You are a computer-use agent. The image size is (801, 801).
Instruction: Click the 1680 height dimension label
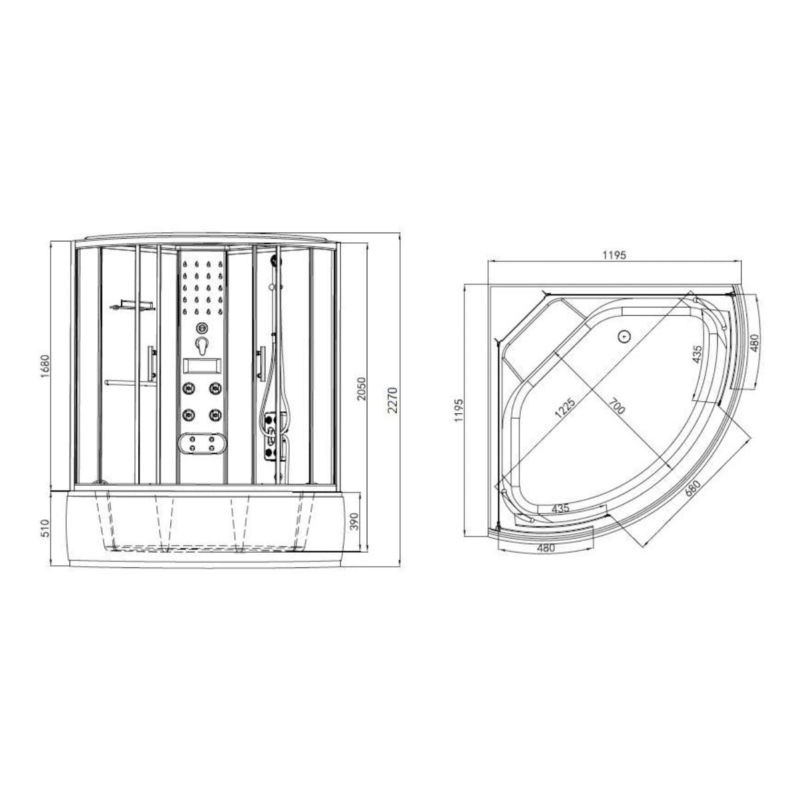pyautogui.click(x=45, y=366)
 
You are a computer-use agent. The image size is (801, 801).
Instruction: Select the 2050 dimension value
pyautogui.click(x=361, y=388)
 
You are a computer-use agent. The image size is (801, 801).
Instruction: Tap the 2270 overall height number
pyautogui.click(x=392, y=400)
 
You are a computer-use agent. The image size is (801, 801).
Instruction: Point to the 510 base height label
pyautogui.click(x=45, y=527)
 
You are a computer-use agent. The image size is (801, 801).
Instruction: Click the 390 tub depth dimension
pyautogui.click(x=354, y=521)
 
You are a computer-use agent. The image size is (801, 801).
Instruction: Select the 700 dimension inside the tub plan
pyautogui.click(x=617, y=406)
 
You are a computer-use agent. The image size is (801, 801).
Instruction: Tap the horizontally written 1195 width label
pyautogui.click(x=614, y=255)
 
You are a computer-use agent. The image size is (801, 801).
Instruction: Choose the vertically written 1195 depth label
pyautogui.click(x=459, y=411)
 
